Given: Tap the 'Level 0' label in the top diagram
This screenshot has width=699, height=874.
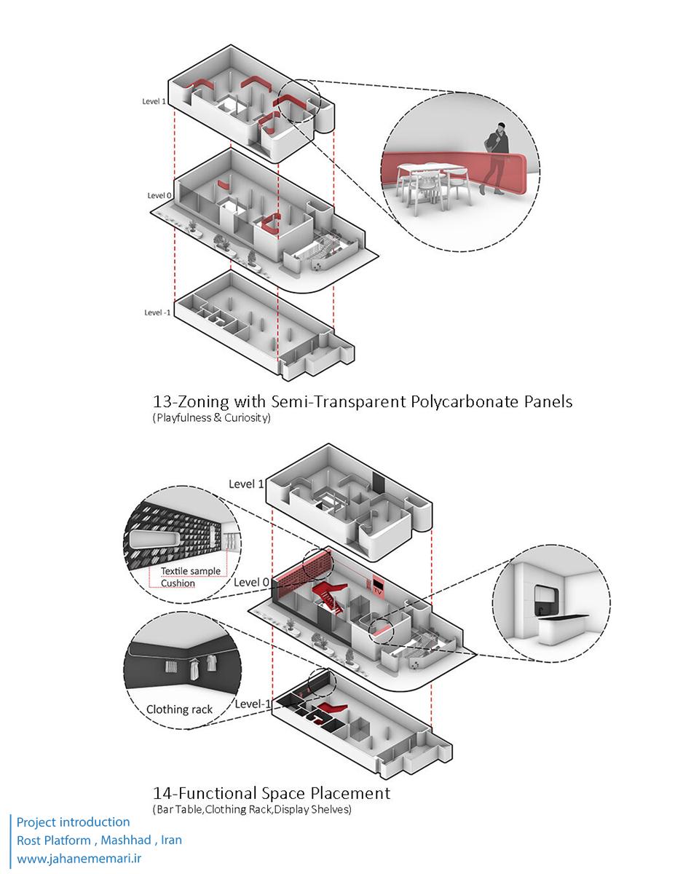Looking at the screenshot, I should coord(159,195).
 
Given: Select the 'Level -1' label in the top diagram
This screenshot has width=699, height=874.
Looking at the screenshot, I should coord(158,312).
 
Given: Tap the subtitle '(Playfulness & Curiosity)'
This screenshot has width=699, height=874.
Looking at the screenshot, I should coord(211,419).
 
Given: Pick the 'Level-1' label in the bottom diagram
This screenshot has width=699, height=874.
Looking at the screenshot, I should coord(253,704).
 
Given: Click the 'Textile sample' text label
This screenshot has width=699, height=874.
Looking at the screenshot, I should coord(191,571).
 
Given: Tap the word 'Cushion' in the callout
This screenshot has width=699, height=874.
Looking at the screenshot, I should coord(178,583).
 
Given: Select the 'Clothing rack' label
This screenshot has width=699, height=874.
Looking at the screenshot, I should coord(180,709).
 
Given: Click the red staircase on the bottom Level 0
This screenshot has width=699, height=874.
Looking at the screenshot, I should coord(327,594).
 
